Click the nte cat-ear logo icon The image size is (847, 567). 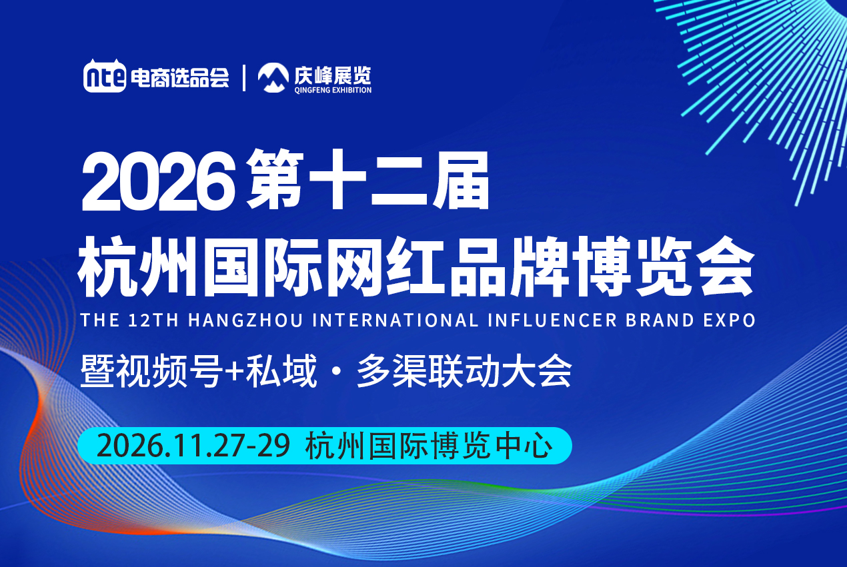105,76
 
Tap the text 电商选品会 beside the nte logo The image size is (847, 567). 180,78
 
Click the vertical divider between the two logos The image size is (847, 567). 244,78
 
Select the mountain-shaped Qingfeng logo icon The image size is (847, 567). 273,78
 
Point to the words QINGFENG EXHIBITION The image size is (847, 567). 333,90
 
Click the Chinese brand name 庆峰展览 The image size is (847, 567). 333,75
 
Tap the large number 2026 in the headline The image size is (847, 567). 159,181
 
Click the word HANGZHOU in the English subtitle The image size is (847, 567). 245,320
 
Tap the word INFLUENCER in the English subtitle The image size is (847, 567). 552,320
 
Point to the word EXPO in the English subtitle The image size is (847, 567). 730,320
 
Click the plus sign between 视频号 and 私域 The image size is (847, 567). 235,371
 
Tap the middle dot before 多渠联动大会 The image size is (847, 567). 336,371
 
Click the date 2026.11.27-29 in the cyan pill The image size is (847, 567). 193,446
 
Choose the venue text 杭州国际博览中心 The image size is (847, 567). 430,446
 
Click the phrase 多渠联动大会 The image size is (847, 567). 464,371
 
